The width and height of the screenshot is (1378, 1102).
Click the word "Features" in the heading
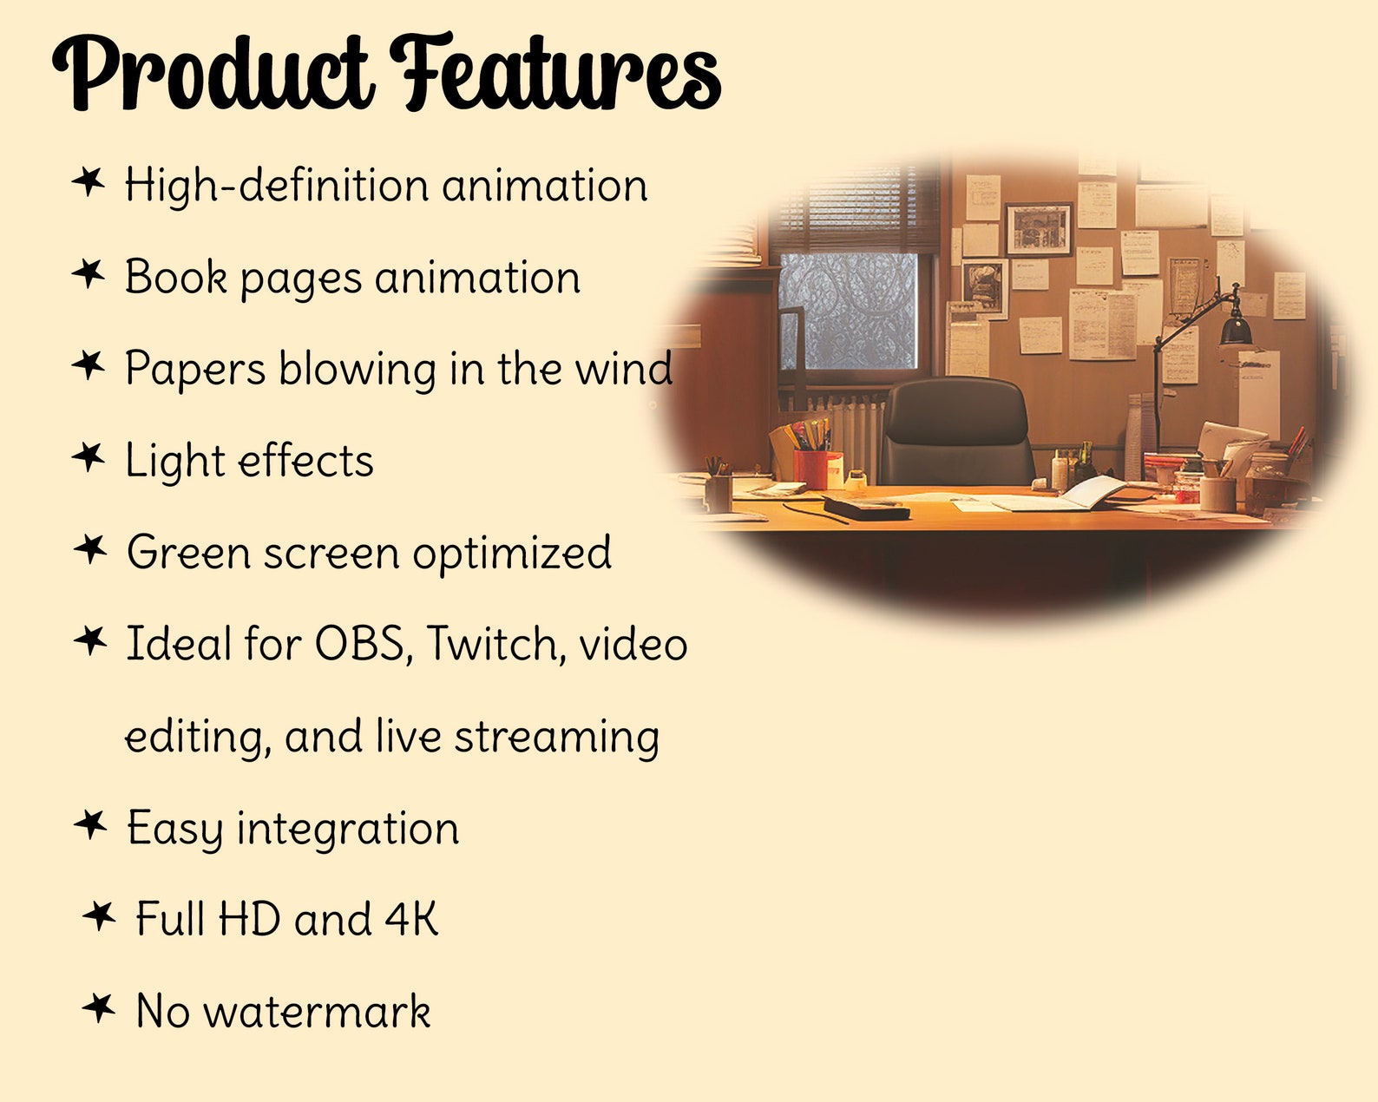tap(555, 74)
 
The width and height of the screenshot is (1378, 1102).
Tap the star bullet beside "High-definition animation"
tap(89, 182)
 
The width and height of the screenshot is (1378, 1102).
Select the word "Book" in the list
tap(176, 278)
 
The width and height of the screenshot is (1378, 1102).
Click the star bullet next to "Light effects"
tap(89, 456)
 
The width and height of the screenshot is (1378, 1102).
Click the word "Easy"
tap(175, 830)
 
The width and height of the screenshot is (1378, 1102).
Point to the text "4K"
tap(411, 920)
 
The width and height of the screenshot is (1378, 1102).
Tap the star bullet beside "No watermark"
tap(99, 1008)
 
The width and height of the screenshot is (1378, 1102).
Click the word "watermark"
tap(317, 1012)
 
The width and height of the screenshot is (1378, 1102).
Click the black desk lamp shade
tap(1235, 330)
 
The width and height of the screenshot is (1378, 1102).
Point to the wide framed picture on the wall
tap(1039, 229)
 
